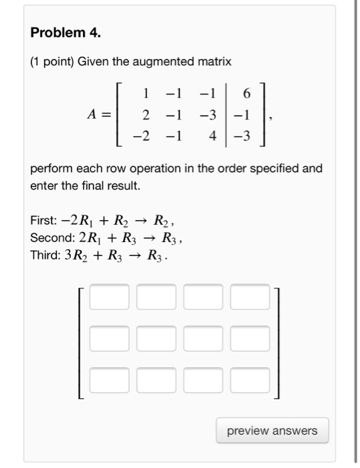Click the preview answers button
tap(272, 431)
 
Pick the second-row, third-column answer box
tap(203, 338)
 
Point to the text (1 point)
tap(52, 62)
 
